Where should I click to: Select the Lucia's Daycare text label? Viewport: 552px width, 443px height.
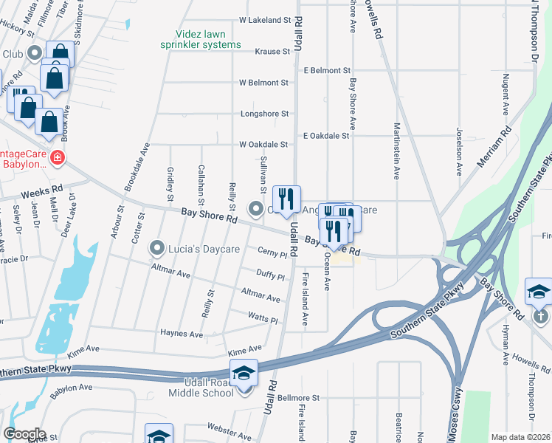click(204, 249)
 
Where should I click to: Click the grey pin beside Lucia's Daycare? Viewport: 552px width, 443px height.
click(156, 247)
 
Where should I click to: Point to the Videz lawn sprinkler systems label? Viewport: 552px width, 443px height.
click(201, 39)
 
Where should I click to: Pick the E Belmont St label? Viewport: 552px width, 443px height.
click(326, 70)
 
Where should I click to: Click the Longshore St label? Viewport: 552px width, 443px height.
click(264, 114)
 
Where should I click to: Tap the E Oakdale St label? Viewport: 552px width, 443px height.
click(325, 135)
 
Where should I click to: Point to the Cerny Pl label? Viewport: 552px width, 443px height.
click(272, 254)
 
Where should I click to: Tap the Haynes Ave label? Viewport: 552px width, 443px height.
click(182, 334)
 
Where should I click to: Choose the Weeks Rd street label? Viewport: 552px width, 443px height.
click(41, 193)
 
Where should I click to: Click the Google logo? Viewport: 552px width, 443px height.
click(24, 433)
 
